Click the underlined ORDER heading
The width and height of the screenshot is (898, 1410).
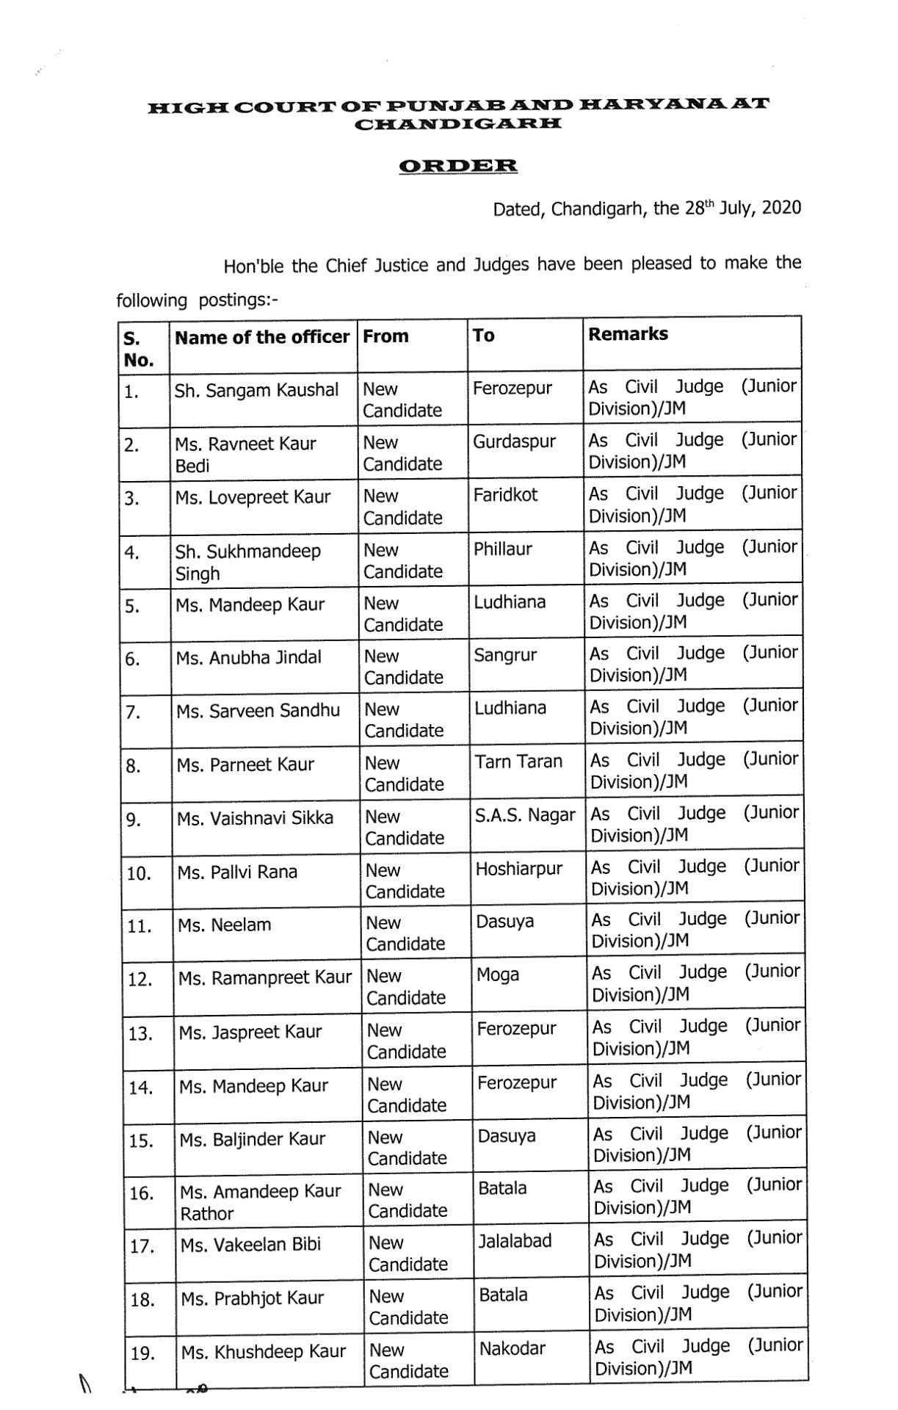[x=458, y=166]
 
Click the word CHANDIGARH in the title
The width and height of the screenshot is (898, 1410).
[x=458, y=124]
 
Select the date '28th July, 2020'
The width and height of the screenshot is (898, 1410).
[x=742, y=209]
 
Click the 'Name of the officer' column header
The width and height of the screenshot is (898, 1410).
[x=262, y=337]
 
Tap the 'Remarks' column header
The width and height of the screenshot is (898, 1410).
[x=628, y=334]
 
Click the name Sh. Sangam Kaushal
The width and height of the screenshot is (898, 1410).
[x=256, y=390]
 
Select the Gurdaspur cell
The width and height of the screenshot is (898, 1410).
[x=514, y=441]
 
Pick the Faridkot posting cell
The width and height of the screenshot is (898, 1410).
[x=505, y=495]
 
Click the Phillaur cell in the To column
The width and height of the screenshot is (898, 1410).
[x=502, y=549]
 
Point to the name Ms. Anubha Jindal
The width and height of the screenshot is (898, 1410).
[x=248, y=657]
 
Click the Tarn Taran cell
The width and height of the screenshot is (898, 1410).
[x=518, y=762]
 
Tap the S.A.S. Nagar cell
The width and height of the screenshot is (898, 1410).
[x=525, y=814]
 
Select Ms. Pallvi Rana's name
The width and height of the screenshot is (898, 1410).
[x=237, y=872]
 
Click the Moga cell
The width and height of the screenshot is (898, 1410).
[x=498, y=975]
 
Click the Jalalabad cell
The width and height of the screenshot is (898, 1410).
[x=515, y=1241]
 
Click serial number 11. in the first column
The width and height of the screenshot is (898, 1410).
[x=139, y=926]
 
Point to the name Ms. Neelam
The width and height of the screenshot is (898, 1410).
[x=224, y=925]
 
